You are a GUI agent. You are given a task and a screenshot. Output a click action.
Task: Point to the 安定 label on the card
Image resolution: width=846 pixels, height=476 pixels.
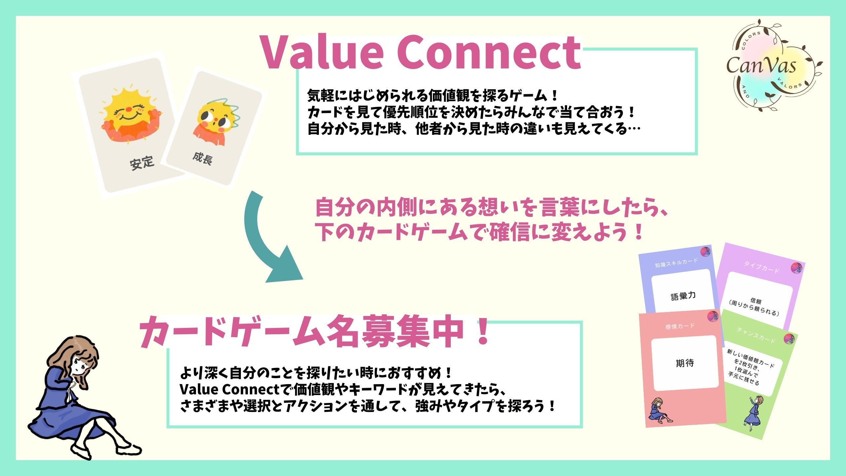142,163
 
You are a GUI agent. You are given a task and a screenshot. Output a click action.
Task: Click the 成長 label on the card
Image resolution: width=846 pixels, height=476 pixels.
203,159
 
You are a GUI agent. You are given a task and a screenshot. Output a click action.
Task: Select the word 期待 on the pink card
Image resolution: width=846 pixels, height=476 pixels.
685,363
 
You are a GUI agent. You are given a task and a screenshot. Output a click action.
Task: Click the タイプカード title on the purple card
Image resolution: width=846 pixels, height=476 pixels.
761,267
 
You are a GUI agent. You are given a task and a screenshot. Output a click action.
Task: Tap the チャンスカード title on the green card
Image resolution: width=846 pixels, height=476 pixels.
756,335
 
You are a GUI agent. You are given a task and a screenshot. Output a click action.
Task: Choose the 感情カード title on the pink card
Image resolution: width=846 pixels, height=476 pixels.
680,326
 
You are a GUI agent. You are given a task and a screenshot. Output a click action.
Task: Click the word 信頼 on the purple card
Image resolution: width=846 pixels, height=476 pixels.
756,300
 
